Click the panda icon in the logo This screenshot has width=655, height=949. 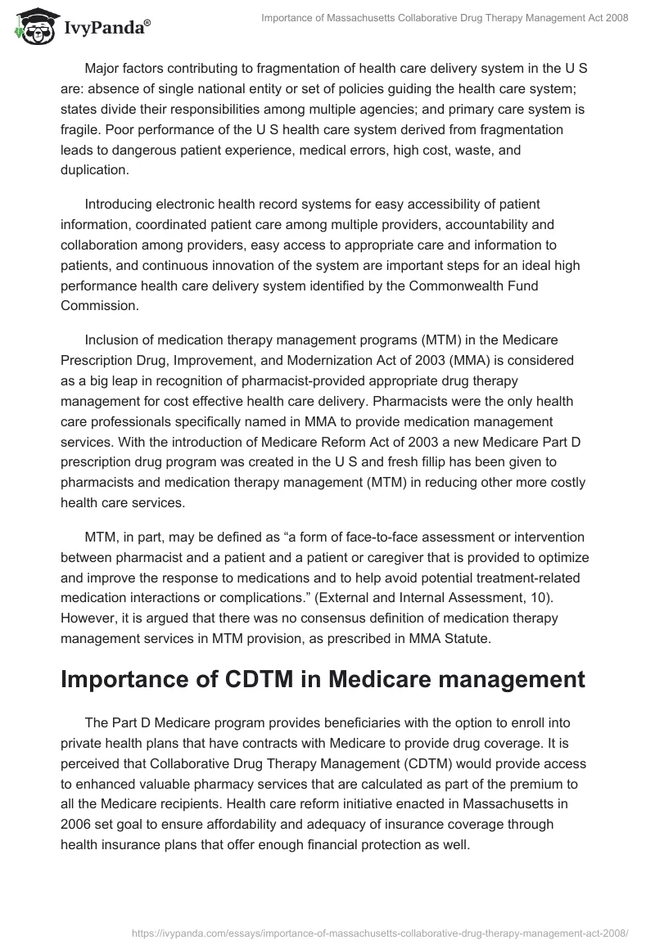(31, 29)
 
